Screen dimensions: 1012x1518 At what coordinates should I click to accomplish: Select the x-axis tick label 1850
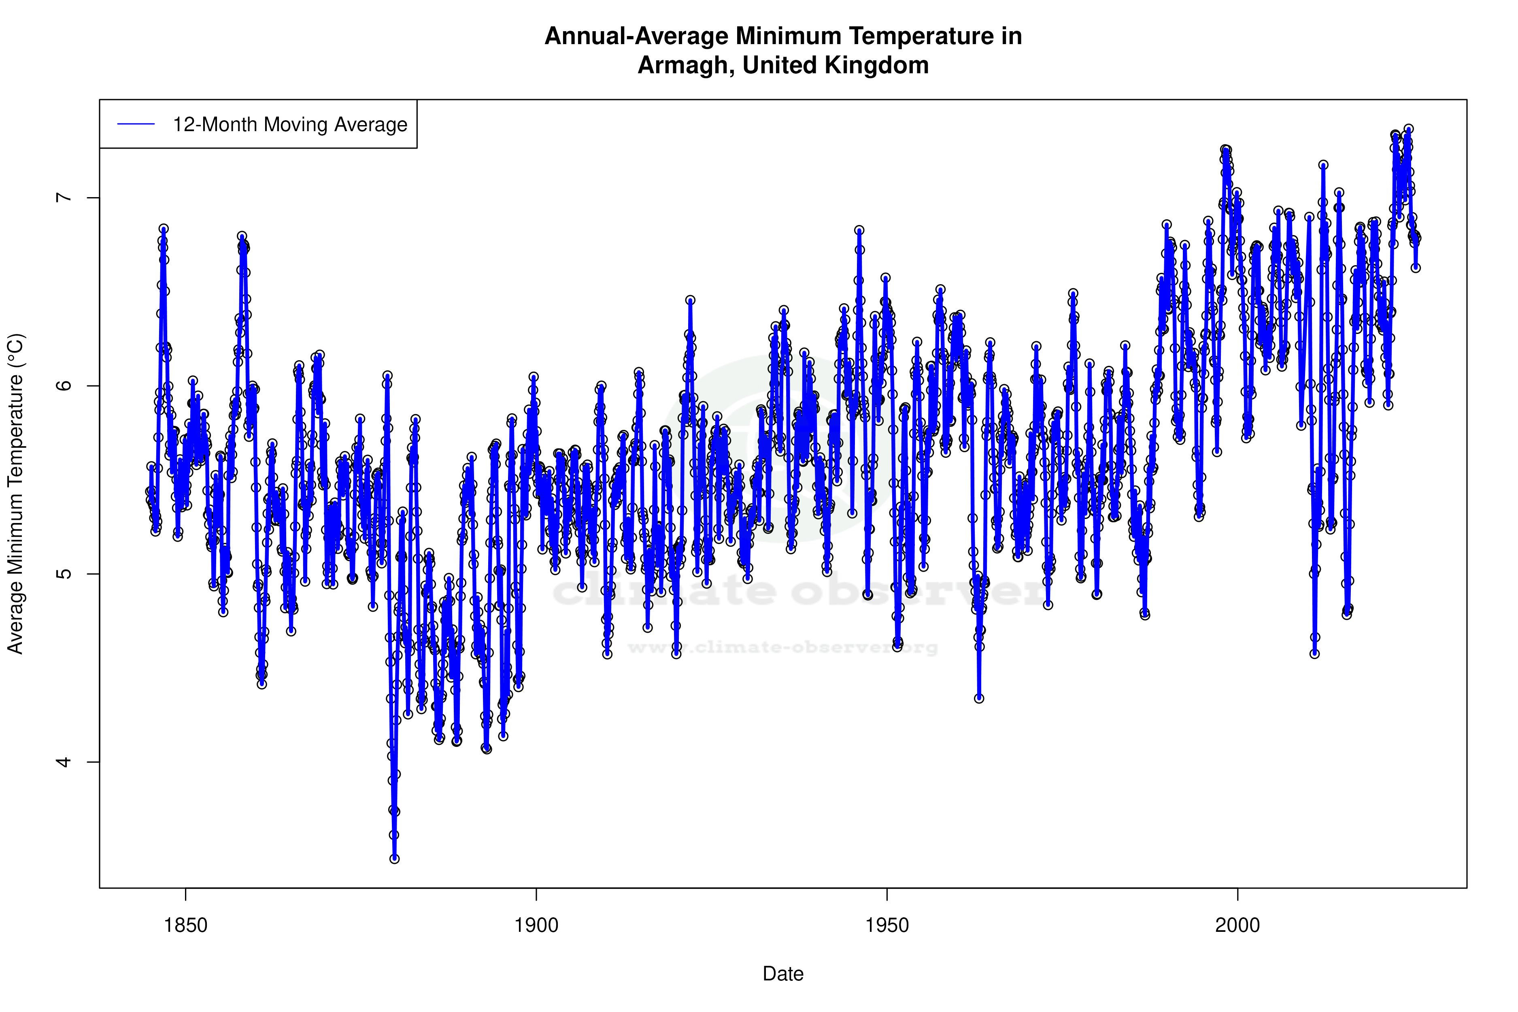tap(186, 925)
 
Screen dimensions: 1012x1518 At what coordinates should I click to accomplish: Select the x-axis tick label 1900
tap(536, 925)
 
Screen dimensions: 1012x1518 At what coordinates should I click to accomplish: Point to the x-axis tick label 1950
tap(887, 925)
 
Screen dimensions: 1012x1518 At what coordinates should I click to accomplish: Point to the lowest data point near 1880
tap(394, 859)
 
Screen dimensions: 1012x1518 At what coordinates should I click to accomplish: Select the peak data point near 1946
tap(859, 230)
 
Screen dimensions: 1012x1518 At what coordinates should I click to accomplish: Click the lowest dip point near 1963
tap(979, 698)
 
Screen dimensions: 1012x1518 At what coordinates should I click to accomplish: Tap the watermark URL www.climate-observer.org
tap(783, 647)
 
